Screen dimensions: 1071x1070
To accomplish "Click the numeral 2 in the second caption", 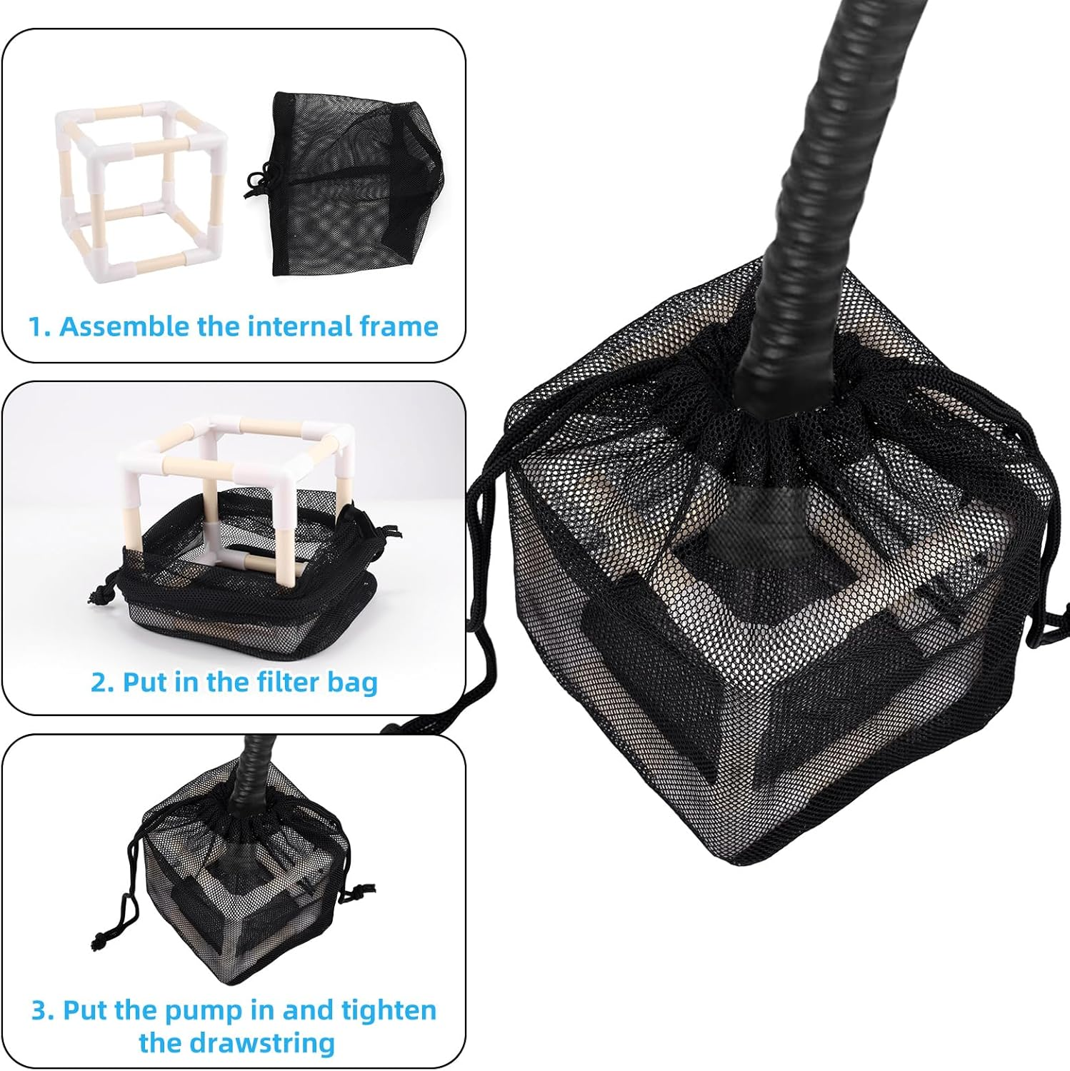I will coord(101,682).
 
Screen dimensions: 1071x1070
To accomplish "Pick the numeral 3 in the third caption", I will coord(41,1011).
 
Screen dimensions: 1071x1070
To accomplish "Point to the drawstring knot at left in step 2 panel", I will coord(100,593).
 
